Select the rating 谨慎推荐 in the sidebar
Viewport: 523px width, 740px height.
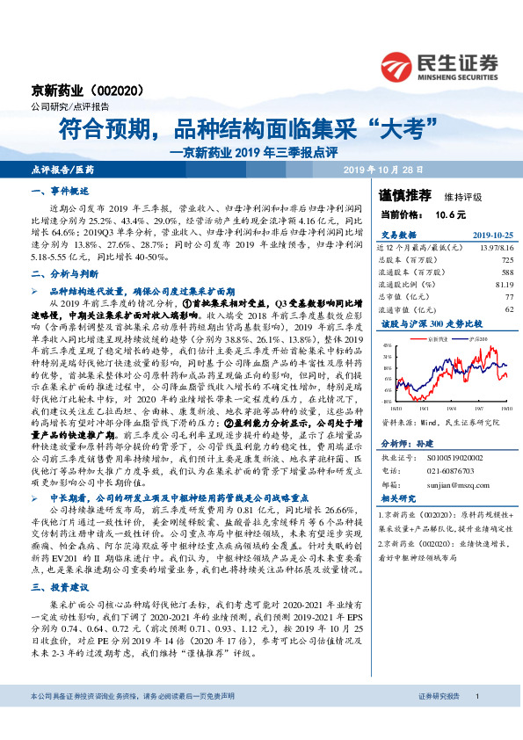click(405, 194)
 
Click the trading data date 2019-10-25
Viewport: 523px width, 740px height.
click(488, 236)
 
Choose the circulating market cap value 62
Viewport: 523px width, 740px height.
click(509, 309)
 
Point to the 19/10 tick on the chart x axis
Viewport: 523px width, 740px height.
click(505, 408)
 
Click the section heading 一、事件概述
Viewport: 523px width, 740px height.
click(54, 192)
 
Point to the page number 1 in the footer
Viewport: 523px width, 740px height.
click(477, 720)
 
